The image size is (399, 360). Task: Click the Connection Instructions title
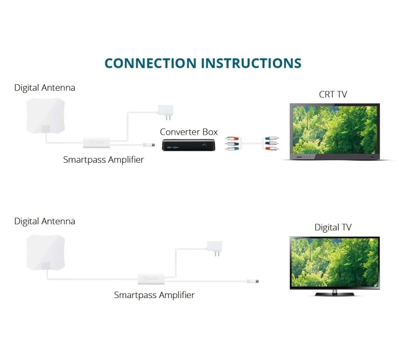203,63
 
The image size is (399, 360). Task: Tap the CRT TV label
333,94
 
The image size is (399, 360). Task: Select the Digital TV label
333,227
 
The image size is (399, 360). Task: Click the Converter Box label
189,132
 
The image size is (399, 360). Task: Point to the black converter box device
189,145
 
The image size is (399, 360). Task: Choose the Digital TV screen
335,262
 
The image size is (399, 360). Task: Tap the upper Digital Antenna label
45,88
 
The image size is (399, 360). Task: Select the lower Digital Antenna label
45,221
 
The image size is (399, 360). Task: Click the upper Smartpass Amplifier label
103,160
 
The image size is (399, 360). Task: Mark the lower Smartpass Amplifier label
154,295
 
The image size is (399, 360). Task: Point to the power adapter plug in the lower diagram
214,247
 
